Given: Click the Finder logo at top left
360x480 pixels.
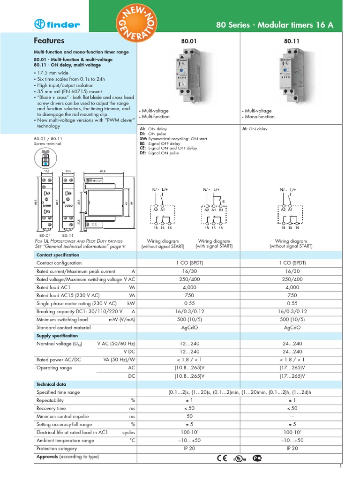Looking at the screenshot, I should [x=57, y=24].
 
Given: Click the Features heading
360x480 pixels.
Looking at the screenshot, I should [x=49, y=41].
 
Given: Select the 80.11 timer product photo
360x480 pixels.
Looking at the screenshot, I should [x=292, y=76].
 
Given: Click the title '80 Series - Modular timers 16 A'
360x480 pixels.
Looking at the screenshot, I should [x=274, y=25].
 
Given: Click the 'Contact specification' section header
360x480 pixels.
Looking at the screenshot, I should [x=58, y=255].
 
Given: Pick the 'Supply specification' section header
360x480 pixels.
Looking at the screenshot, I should [x=57, y=336].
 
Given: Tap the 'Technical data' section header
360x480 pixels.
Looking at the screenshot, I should [x=51, y=384].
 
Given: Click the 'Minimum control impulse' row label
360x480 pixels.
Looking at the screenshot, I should [x=62, y=416].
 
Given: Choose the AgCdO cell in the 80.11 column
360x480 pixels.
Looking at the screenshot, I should [x=292, y=328].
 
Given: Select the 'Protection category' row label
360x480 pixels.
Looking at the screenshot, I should [x=57, y=449].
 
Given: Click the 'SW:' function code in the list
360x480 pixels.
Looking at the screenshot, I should [x=143, y=139].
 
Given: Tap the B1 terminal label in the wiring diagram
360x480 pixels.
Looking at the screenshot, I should [x=220, y=210].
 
